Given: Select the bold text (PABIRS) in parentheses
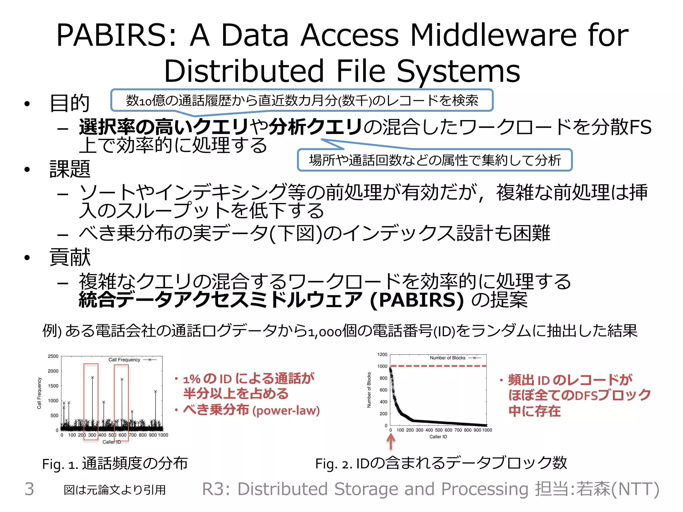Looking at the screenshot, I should click(417, 300).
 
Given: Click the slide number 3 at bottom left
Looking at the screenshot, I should click(29, 489).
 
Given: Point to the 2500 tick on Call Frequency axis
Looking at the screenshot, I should click(53, 356).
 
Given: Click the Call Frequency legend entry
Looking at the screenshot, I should click(124, 360).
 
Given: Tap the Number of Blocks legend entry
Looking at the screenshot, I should click(448, 358).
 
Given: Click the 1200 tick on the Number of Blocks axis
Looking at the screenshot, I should click(382, 355).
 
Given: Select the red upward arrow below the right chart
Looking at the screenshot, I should click(391, 442).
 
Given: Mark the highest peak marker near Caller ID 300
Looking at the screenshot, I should click(92, 377).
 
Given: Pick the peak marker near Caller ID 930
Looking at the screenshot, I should click(155, 391).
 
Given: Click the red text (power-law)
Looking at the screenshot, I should click(286, 410).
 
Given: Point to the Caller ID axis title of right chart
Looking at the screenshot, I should click(438, 437).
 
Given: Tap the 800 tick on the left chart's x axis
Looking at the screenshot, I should click(142, 435).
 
